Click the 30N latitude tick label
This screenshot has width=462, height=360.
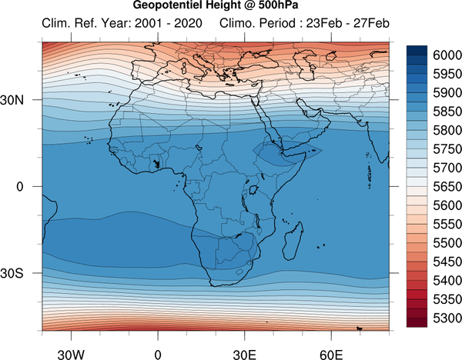[12, 100]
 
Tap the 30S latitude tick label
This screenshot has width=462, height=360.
[12, 273]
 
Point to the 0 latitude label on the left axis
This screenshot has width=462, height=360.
[20, 187]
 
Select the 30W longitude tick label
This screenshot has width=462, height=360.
[71, 355]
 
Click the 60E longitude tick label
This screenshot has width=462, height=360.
[331, 355]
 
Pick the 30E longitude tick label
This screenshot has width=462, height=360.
[245, 355]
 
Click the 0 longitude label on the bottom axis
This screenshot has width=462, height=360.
[158, 355]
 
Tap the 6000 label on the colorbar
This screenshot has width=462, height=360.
[447, 55]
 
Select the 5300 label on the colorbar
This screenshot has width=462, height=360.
[447, 318]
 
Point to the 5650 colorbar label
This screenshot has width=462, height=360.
[447, 187]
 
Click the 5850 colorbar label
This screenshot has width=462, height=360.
[447, 112]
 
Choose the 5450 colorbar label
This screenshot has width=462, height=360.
[447, 262]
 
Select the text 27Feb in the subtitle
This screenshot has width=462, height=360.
[371, 23]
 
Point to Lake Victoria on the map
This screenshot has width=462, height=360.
[253, 190]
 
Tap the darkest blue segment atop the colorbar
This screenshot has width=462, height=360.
[417, 50]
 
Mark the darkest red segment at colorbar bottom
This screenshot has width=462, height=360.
[417, 322]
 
